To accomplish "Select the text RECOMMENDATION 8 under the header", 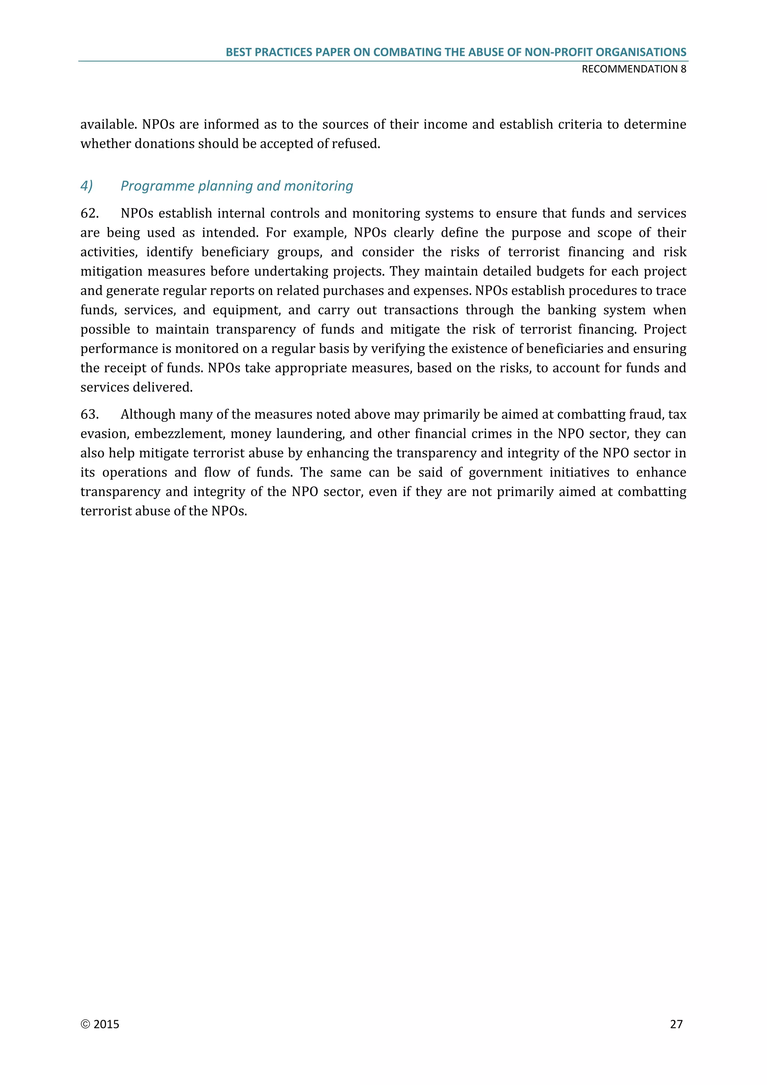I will (x=634, y=69).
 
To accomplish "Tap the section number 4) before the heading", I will (x=87, y=186).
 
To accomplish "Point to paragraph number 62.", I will (x=89, y=214).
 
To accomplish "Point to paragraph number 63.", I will (x=89, y=414).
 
